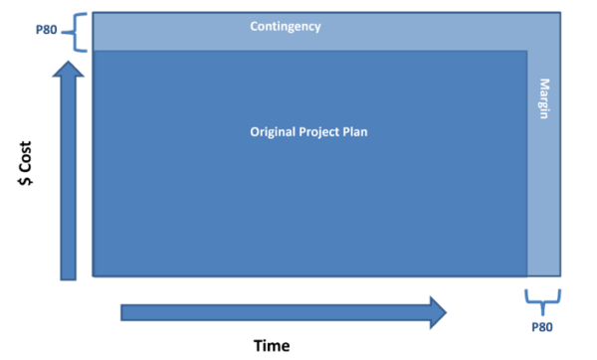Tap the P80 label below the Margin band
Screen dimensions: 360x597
(543, 326)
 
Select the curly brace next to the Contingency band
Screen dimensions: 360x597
(79, 33)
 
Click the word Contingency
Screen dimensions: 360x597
(286, 27)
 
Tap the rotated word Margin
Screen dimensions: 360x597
(544, 99)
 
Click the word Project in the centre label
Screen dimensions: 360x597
(328, 131)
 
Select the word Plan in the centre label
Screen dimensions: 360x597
(367, 131)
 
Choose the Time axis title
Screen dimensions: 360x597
(271, 345)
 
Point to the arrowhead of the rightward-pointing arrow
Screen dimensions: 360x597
(435, 311)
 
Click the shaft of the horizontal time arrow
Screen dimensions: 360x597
(269, 312)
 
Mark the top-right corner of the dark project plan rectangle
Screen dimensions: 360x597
(526, 51)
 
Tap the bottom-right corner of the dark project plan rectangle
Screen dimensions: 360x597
(526, 274)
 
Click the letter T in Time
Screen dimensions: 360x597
(257, 345)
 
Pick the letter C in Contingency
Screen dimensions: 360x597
(254, 27)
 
